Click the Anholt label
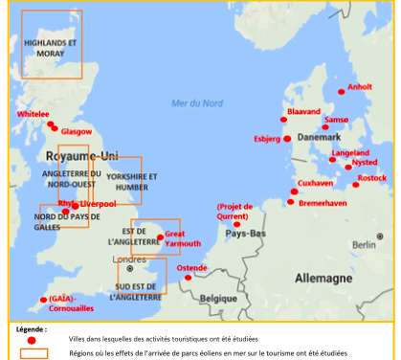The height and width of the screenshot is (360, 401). [360, 86]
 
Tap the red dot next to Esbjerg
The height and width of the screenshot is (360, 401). [287, 139]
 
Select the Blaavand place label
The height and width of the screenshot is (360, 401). [303, 112]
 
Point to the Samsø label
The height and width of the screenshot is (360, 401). [337, 121]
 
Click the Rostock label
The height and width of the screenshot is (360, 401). [372, 178]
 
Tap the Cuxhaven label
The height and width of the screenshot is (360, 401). [316, 183]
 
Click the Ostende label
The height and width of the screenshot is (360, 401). [192, 268]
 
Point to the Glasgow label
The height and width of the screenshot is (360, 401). [77, 131]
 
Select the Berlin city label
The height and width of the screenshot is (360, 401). [361, 245]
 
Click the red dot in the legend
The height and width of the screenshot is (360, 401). [32, 340]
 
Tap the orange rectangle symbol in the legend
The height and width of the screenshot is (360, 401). [33, 353]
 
